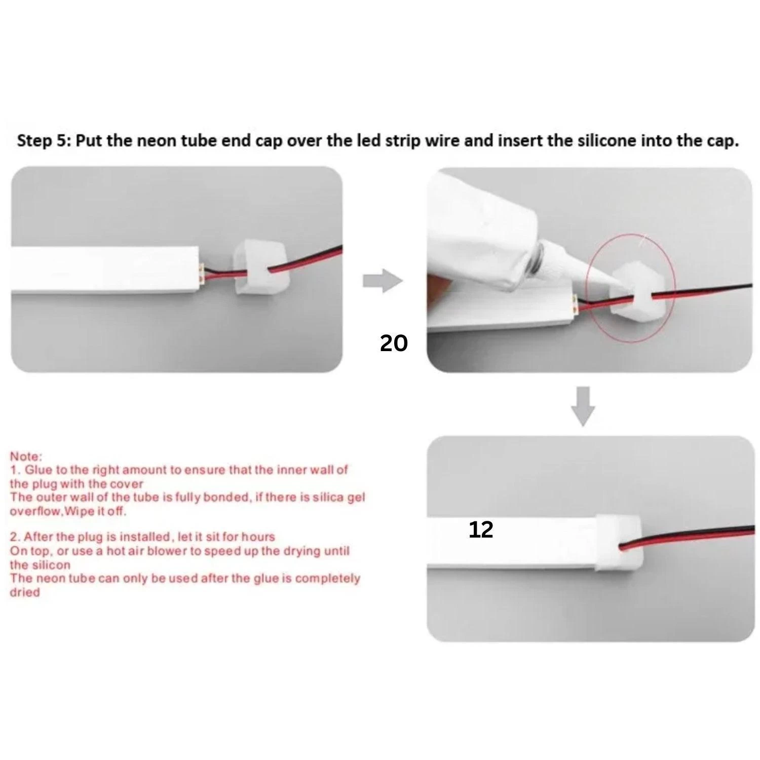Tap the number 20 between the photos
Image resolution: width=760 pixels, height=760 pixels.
[x=394, y=344]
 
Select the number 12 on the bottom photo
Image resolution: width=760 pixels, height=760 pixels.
[x=481, y=530]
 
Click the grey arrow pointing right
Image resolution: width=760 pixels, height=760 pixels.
[x=382, y=281]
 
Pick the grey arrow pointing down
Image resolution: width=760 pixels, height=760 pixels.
[x=583, y=406]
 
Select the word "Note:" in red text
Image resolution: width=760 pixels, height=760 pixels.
[x=26, y=457]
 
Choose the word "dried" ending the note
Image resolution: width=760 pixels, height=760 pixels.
[x=24, y=592]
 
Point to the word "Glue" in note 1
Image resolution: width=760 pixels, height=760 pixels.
[x=39, y=470]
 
